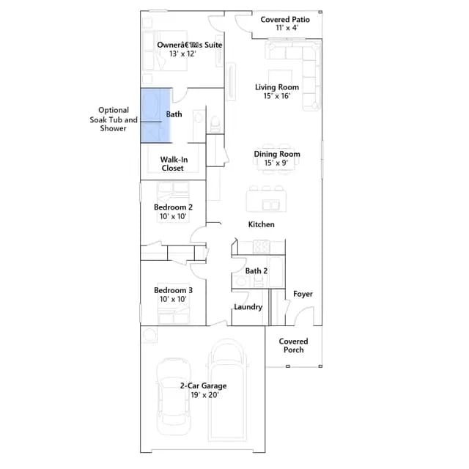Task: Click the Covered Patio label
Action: click(285, 20)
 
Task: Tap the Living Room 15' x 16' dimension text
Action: click(277, 96)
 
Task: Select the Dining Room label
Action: click(277, 154)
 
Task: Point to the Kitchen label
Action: click(262, 224)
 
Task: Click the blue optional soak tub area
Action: click(155, 115)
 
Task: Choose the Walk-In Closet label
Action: click(174, 163)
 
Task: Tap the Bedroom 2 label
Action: click(173, 207)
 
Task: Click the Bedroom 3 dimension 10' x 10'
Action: click(173, 299)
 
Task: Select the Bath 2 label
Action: click(256, 270)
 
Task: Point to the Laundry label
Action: click(248, 307)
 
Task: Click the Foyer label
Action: click(303, 294)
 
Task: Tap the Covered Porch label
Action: click(293, 345)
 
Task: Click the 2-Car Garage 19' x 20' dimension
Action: click(205, 395)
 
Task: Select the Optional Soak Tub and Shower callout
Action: click(114, 119)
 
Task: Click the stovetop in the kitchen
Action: click(261, 247)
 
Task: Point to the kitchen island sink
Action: click(270, 205)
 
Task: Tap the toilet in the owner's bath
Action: click(215, 124)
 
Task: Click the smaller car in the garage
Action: click(174, 396)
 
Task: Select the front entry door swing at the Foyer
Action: click(304, 316)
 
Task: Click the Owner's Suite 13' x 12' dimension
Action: click(182, 53)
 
